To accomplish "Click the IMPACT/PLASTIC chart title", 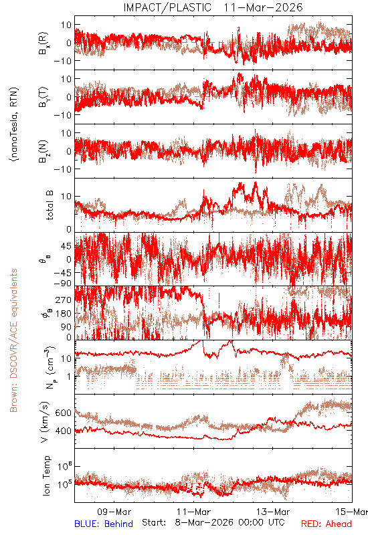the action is [x=213, y=7].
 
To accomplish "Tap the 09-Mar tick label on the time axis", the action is [x=114, y=512].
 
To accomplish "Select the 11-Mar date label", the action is [x=193, y=512].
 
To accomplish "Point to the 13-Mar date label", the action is [x=273, y=512].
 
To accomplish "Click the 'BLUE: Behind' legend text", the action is [x=104, y=524].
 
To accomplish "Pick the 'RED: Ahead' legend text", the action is [x=327, y=524].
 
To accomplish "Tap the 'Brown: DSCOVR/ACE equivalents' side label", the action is [x=13, y=340].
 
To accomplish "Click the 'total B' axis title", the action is [x=50, y=205].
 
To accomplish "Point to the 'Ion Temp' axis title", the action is [x=46, y=475].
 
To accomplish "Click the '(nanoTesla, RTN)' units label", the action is [x=14, y=124].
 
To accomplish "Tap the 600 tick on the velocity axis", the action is [x=63, y=413].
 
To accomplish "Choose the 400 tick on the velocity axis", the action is [x=63, y=431].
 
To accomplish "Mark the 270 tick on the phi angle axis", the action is [x=63, y=300].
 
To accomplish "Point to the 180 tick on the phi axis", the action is [x=63, y=314].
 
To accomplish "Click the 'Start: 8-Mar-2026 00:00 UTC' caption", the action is [x=213, y=523].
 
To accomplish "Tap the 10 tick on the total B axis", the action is [x=66, y=197].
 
